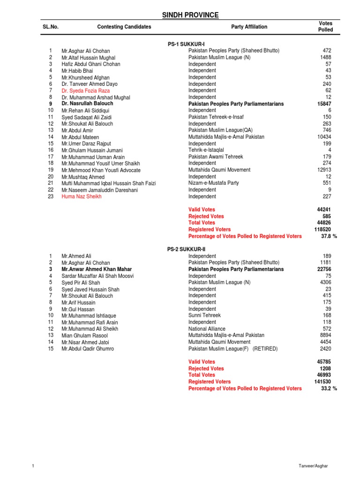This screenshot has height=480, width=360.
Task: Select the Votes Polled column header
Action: [x=325, y=27]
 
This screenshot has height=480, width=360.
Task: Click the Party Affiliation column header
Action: [x=249, y=27]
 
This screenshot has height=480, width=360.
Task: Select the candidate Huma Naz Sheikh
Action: [x=81, y=197]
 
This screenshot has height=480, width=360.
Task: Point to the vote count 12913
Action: [x=323, y=170]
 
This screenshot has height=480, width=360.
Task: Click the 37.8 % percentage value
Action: [x=329, y=236]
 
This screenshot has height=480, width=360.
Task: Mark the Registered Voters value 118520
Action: [x=323, y=230]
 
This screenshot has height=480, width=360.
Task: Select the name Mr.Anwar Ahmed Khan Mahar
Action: [x=97, y=270]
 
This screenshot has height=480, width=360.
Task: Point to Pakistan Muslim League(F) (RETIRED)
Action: [x=233, y=349]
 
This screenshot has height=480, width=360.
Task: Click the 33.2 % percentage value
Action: [x=329, y=389]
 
